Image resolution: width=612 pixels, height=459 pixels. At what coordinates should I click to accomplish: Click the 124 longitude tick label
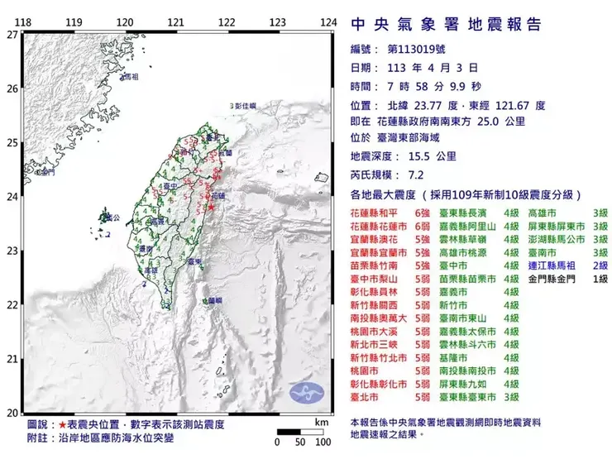click(329, 22)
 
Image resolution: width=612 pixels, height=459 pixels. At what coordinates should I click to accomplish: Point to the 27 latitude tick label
click(12, 35)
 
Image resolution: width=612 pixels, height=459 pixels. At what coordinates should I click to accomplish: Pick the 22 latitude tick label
click(12, 305)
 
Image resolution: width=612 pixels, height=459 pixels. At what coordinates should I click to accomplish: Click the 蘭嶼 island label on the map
click(214, 300)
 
